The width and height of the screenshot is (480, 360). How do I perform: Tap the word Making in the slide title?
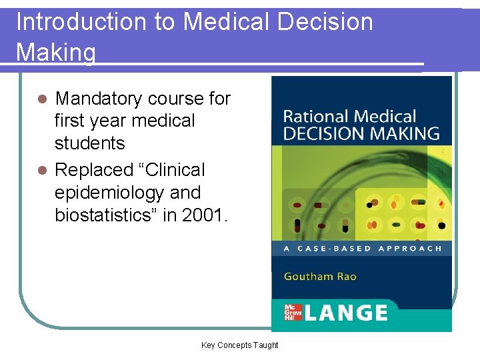pos(56,52)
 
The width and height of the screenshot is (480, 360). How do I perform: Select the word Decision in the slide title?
pos(326,22)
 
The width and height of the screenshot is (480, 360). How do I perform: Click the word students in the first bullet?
pos(89,143)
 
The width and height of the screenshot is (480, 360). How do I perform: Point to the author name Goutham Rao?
pos(320,276)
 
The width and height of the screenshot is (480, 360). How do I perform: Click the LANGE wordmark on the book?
pos(346,313)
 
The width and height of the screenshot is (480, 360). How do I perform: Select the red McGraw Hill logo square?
pos(293,313)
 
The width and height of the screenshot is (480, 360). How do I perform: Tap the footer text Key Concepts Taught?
pos(240,345)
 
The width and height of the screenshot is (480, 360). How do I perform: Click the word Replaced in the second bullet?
pos(96,170)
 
